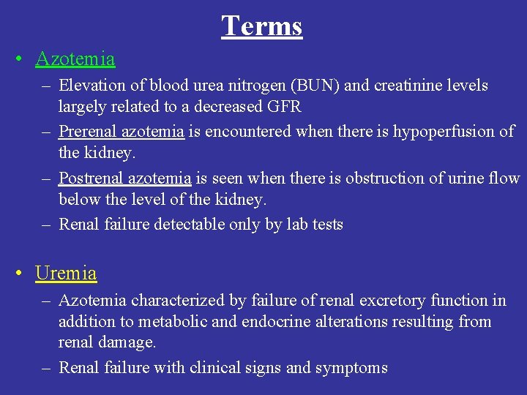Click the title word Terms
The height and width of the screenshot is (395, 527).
262,26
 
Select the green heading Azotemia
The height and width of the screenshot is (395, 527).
75,59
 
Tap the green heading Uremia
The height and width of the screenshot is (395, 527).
66,274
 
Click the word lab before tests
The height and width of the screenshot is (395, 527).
296,225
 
